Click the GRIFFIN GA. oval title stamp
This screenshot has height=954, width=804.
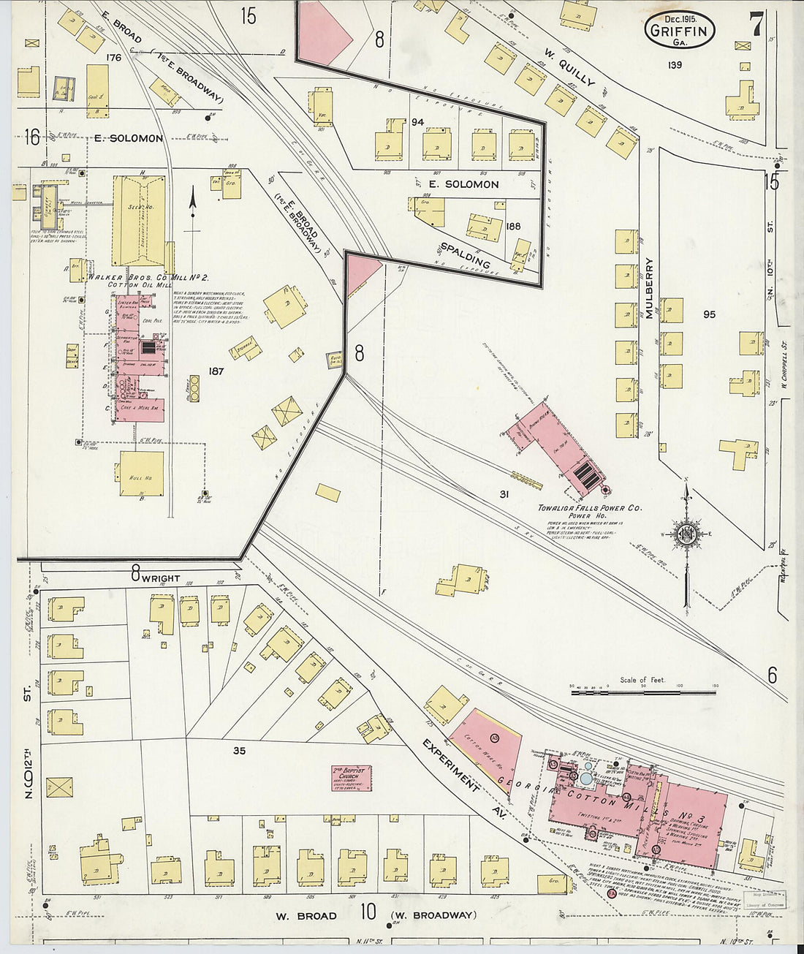(x=680, y=32)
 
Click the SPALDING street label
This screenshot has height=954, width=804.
(x=465, y=252)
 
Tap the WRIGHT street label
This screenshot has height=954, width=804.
(x=160, y=578)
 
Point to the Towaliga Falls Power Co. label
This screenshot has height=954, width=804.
(x=590, y=508)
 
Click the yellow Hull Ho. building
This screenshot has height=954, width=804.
(x=142, y=474)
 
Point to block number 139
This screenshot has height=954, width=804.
(x=674, y=66)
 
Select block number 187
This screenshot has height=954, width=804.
(x=216, y=371)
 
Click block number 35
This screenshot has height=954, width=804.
(x=239, y=750)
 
